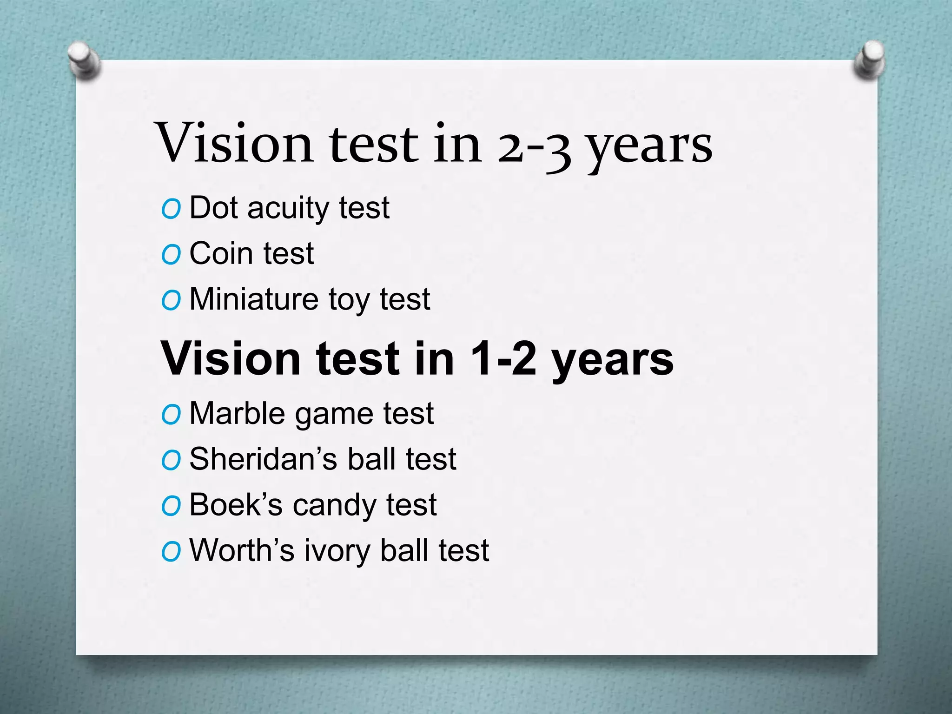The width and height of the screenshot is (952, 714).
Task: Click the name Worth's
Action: (x=242, y=550)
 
